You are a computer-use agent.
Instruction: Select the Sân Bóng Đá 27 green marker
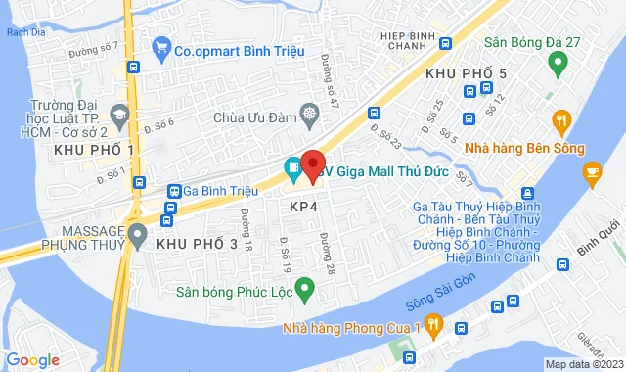(558, 66)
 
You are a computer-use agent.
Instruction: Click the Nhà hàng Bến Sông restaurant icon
(561, 121)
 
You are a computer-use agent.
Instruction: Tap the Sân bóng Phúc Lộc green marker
(303, 289)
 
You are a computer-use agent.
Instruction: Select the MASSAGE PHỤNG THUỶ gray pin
(138, 234)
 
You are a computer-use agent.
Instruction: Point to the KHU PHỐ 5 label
(466, 73)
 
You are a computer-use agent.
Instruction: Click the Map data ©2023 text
(582, 364)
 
